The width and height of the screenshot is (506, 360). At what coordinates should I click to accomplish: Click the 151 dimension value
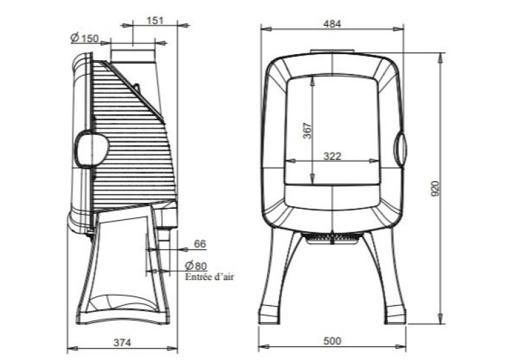pos(155,20)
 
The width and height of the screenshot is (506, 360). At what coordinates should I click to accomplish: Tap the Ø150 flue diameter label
pos(85,38)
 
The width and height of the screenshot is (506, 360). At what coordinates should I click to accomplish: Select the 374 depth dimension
pos(122,342)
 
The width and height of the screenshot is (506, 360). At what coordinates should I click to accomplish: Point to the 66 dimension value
pos(199,244)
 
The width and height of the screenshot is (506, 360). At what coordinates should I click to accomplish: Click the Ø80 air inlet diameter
pos(196,266)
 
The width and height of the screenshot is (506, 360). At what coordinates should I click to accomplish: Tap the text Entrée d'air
pos(209,277)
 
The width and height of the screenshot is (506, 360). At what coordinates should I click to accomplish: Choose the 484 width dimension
pos(332,24)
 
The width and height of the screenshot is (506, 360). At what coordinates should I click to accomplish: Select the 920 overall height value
pos(435,189)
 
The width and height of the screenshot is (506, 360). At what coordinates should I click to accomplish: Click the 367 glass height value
pos(308,130)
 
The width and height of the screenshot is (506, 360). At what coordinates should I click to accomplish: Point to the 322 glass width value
pos(332,156)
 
